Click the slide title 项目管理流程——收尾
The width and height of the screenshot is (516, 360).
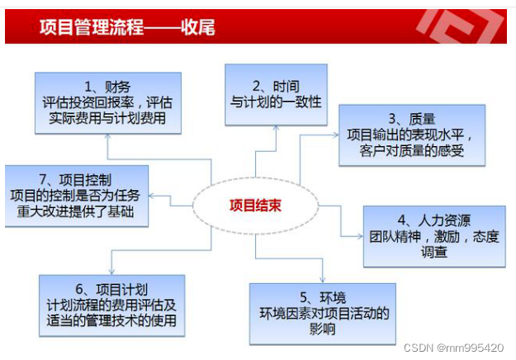127,27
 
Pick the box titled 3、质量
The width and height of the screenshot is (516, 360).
410,135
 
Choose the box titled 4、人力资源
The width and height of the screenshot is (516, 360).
433,236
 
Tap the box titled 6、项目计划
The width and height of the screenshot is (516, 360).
111,305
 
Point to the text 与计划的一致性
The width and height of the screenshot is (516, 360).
275,102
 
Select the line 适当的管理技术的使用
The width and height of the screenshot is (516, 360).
111,320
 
